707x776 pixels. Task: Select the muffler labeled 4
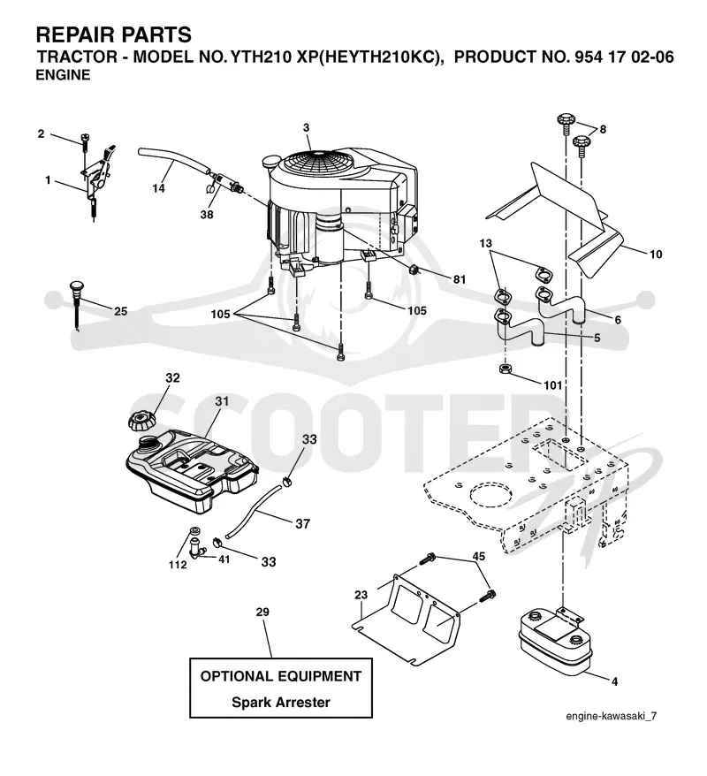click(x=555, y=639)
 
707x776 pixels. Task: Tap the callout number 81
click(x=460, y=279)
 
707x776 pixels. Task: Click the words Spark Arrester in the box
click(x=281, y=702)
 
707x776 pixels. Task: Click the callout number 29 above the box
click(x=262, y=612)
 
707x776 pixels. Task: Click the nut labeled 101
click(x=506, y=369)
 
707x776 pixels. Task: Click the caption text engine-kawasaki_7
click(x=612, y=716)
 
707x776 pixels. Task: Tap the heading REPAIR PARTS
click(x=114, y=35)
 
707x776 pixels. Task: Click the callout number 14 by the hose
click(x=159, y=188)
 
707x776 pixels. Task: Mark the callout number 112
click(x=178, y=565)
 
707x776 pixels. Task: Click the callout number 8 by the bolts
click(x=603, y=129)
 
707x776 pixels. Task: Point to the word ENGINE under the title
click(x=64, y=75)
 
